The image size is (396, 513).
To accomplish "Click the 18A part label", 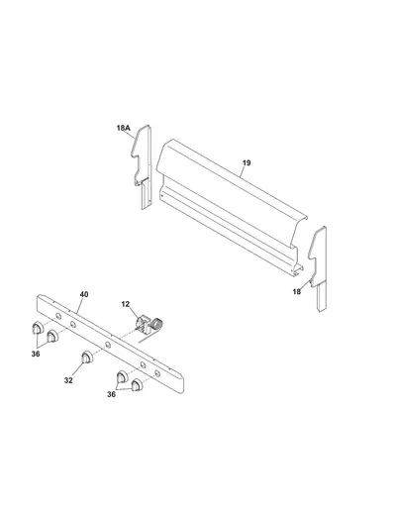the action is click(124, 128).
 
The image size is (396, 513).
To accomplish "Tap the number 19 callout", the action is click(247, 162).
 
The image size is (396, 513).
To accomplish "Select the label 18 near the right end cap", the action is click(297, 291).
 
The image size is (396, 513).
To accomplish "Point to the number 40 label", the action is click(84, 294).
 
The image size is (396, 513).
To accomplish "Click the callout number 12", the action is click(126, 304).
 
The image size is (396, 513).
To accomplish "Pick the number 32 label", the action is click(68, 380).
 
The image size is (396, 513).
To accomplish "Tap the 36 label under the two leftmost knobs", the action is click(36, 354).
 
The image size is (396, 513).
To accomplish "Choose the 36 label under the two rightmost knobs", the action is click(111, 394).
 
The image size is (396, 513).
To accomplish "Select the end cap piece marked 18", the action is click(319, 268).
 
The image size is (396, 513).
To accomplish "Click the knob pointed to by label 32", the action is click(87, 358).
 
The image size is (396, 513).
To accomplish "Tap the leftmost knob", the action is click(38, 328).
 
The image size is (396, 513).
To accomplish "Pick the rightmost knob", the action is click(137, 385).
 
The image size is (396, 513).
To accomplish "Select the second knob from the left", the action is click(52, 336).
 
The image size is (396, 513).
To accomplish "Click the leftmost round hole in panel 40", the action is click(58, 317).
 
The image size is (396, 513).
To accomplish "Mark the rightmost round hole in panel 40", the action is click(157, 373).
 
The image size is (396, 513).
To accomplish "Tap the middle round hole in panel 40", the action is click(108, 345).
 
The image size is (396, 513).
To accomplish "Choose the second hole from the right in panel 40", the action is click(143, 365).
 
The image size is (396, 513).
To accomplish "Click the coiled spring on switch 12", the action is click(157, 324).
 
